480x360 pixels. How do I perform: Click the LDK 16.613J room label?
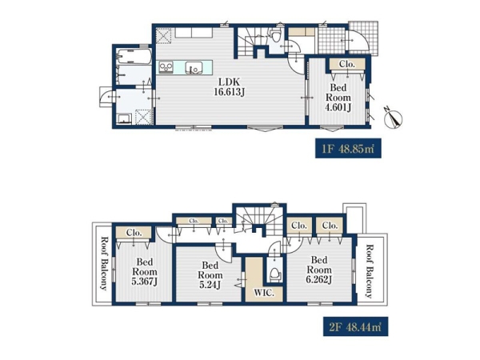click(229, 86)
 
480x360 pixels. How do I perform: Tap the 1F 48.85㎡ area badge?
click(348, 149)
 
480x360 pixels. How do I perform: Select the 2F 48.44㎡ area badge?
click(355, 326)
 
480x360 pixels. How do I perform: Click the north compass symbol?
click(393, 118)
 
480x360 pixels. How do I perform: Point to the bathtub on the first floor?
click(134, 57)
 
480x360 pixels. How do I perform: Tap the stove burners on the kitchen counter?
click(166, 67)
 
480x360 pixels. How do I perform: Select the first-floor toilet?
click(276, 35)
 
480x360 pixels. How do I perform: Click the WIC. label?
click(263, 293)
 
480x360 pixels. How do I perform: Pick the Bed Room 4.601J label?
click(338, 98)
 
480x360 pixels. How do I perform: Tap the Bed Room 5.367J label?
click(145, 271)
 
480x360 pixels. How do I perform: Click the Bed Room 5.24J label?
click(210, 275)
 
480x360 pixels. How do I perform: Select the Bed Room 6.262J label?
click(319, 270)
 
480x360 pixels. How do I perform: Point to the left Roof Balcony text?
click(104, 263)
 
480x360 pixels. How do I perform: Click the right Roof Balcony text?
click(369, 271)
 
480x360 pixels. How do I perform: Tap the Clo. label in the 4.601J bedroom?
click(347, 64)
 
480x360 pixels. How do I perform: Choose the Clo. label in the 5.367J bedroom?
click(134, 233)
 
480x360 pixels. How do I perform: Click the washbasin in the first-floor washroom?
click(124, 118)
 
